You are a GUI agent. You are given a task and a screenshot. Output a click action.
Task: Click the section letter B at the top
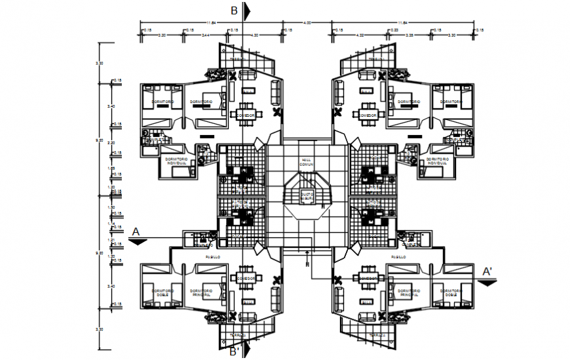(234, 10)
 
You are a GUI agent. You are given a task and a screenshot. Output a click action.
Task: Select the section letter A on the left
(136, 231)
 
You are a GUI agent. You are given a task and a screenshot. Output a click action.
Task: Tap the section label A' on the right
(487, 271)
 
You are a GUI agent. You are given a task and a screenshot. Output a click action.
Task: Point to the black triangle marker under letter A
(138, 241)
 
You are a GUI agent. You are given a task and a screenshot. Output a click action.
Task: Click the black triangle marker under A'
(487, 282)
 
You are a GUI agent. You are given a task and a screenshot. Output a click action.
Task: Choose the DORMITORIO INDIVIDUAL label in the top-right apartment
(438, 160)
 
